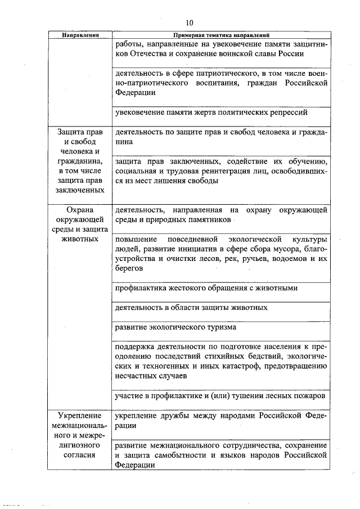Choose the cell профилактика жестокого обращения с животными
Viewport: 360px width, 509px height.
(x=206, y=288)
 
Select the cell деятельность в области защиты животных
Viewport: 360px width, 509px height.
(x=191, y=308)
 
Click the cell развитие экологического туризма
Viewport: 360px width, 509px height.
(x=175, y=327)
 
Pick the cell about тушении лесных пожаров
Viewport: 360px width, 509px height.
(x=219, y=395)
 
